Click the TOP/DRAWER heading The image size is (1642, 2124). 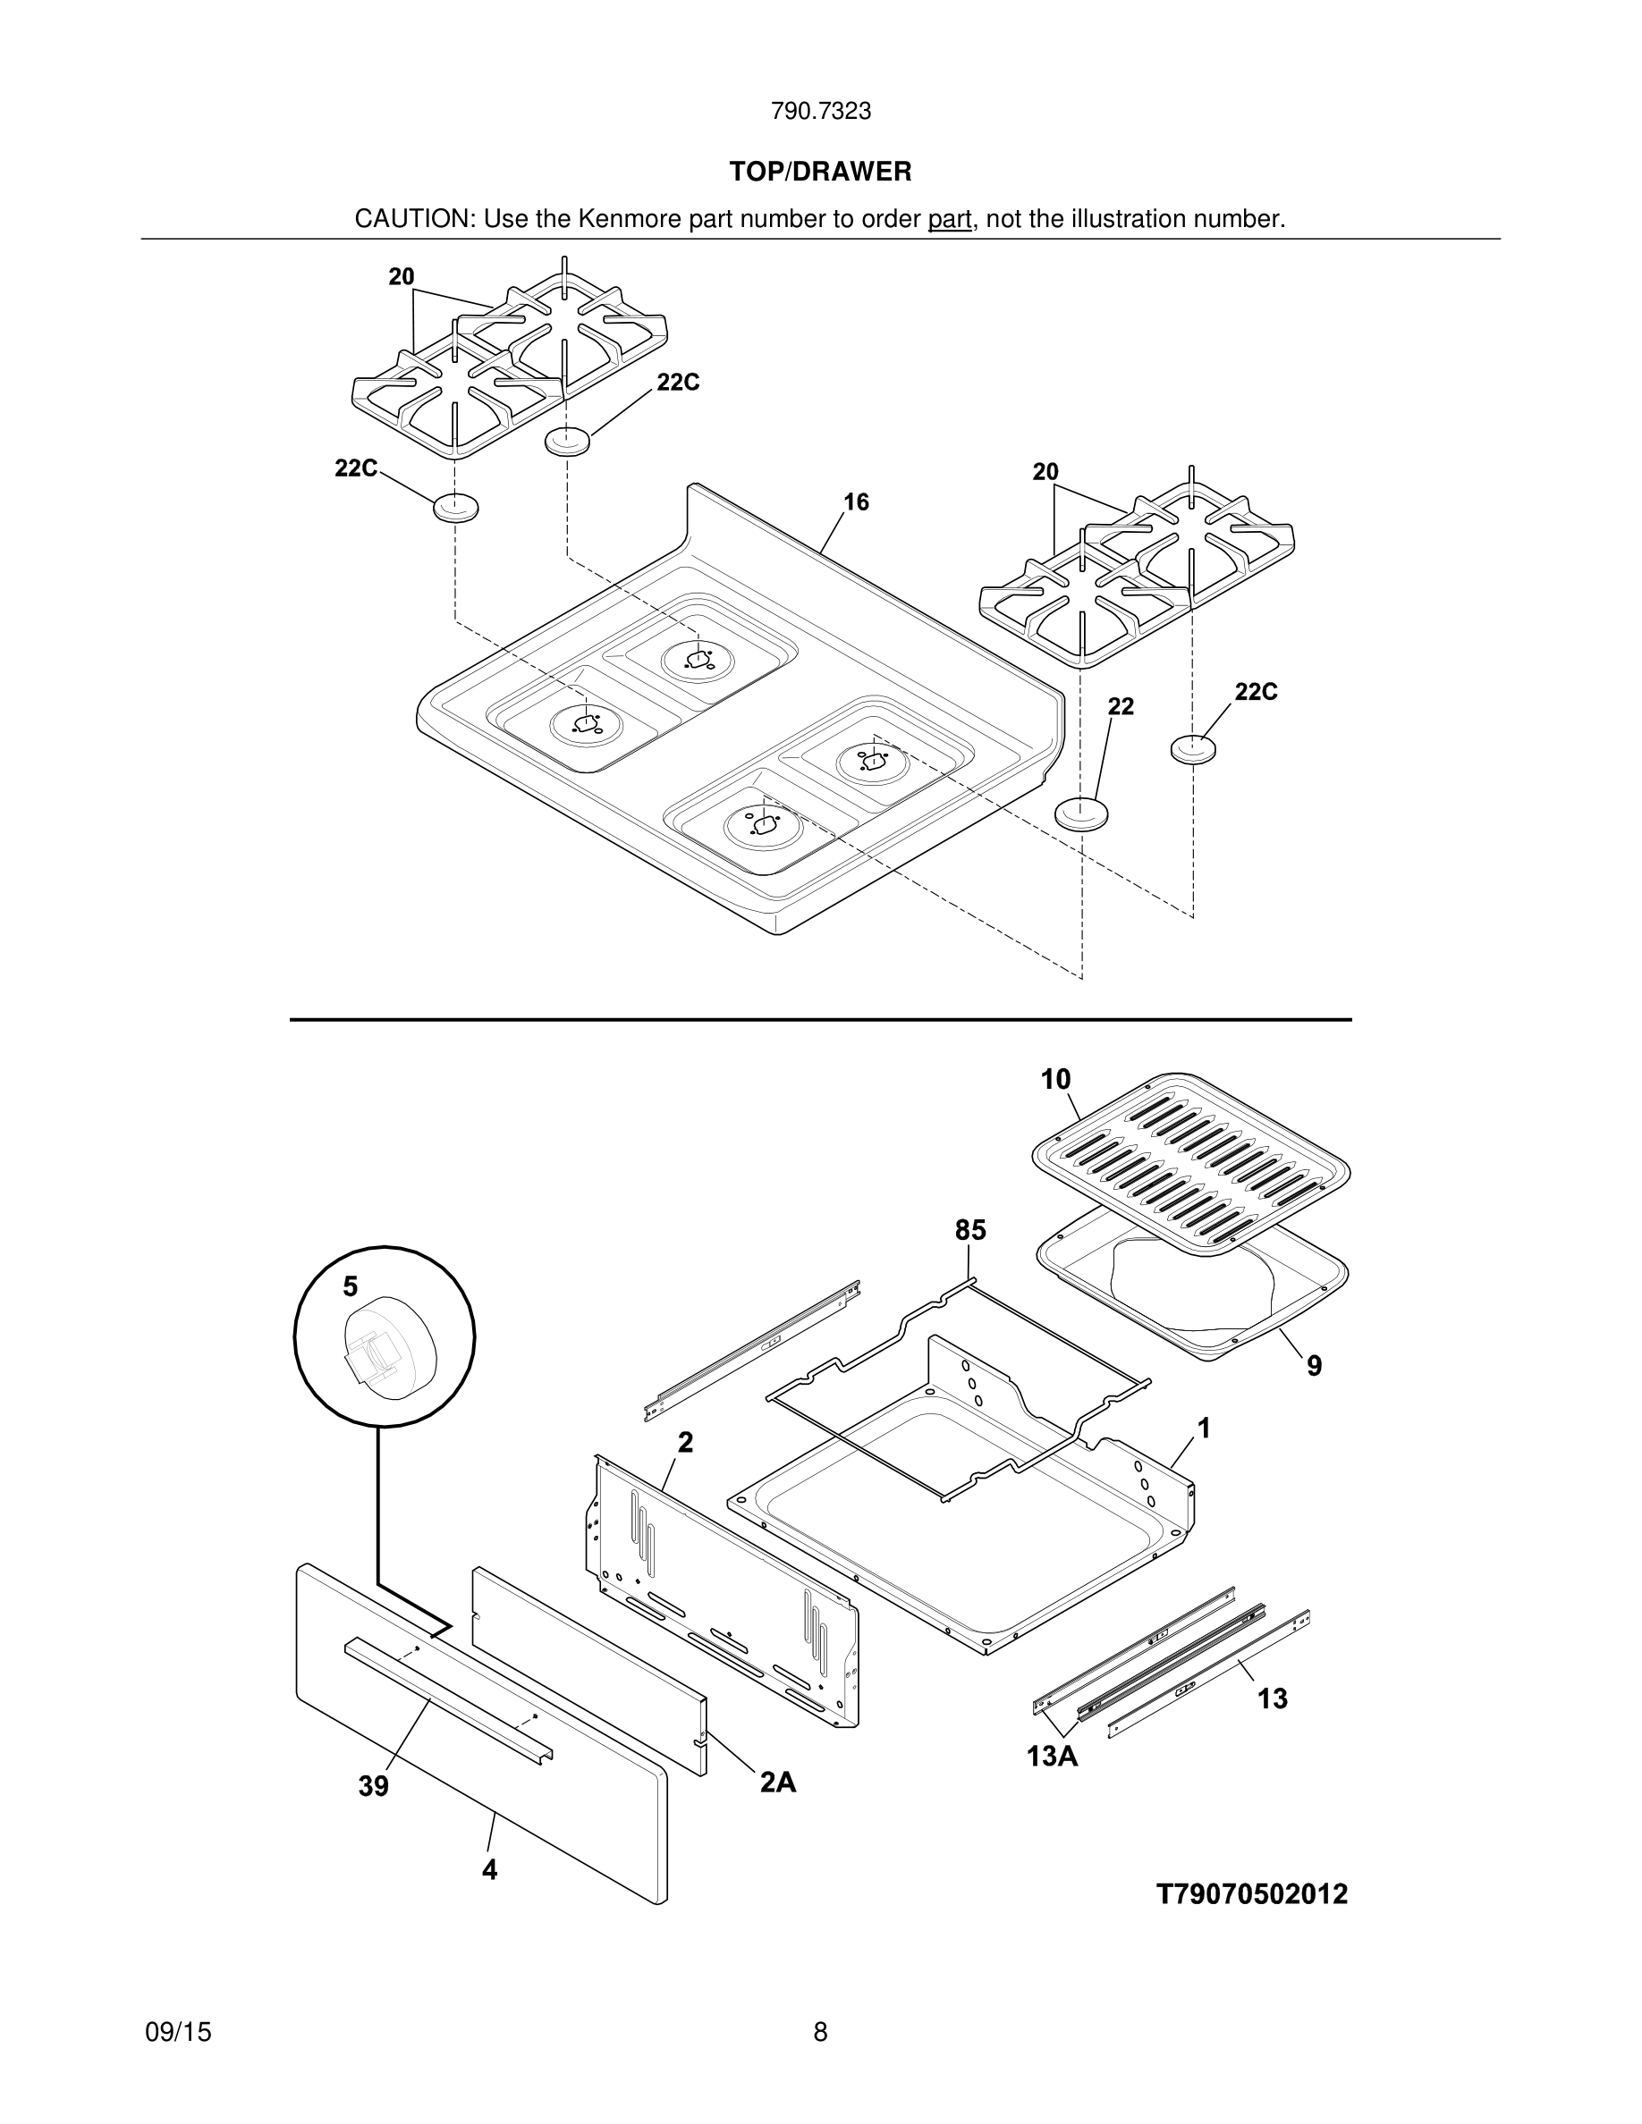click(x=820, y=173)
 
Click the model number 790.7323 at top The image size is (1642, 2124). click(x=820, y=112)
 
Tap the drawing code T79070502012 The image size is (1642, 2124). click(x=1252, y=1893)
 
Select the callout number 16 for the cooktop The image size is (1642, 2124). click(x=856, y=501)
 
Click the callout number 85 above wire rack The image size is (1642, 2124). click(x=969, y=1230)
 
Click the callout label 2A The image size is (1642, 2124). click(x=778, y=1782)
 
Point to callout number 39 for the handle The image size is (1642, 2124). click(x=374, y=1785)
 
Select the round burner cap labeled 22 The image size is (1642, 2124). click(x=1081, y=813)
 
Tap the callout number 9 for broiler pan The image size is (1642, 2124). click(x=1314, y=1367)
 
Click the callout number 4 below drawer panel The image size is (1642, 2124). click(x=490, y=1869)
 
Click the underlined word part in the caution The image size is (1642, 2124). click(x=950, y=220)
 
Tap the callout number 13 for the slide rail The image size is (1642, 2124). click(x=1273, y=1698)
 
